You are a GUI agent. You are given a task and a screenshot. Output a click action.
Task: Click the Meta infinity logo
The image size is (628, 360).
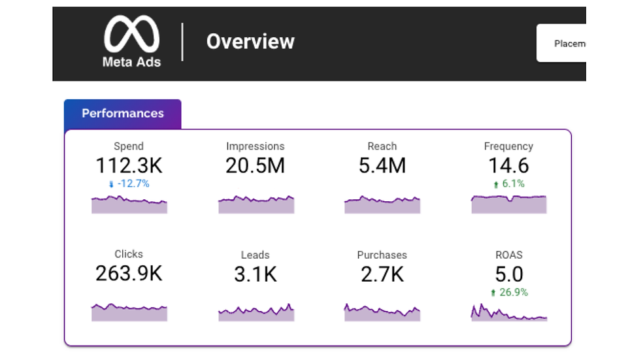(x=131, y=35)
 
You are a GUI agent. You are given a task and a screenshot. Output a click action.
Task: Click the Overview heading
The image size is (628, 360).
(x=250, y=42)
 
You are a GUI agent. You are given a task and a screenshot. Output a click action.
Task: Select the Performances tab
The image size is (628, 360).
(x=122, y=114)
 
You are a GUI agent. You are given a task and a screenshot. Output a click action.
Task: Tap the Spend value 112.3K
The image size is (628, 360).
(x=129, y=165)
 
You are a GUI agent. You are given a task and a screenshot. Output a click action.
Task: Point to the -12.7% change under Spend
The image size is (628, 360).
(x=129, y=184)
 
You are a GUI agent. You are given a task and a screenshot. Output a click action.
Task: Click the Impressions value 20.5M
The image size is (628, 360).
(x=256, y=165)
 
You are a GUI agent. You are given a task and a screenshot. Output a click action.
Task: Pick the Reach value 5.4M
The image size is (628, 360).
(x=382, y=165)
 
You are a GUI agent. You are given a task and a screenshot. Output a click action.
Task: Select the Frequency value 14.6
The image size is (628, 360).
(x=509, y=165)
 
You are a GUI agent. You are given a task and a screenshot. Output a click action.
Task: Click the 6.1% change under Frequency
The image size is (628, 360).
(x=509, y=184)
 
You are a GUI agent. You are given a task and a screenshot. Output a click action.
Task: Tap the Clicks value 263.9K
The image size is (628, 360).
(x=129, y=274)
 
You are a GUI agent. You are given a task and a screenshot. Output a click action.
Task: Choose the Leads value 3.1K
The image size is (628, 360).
(x=256, y=275)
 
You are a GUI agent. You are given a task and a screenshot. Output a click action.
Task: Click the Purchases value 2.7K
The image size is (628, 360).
(x=382, y=275)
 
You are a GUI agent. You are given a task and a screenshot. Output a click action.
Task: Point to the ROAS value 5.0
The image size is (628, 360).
(x=509, y=274)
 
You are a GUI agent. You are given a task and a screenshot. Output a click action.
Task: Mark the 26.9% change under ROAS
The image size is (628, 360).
(x=509, y=292)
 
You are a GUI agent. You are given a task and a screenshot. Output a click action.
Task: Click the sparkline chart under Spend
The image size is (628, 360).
(x=129, y=205)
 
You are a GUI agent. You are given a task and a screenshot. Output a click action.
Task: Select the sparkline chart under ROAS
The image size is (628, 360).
(x=509, y=313)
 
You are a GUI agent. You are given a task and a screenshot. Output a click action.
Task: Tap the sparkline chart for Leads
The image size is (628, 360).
(x=256, y=313)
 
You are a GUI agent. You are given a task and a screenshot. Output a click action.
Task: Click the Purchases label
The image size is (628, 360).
(x=382, y=255)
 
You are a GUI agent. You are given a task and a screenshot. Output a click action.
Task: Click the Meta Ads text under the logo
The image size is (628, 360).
(x=131, y=62)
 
